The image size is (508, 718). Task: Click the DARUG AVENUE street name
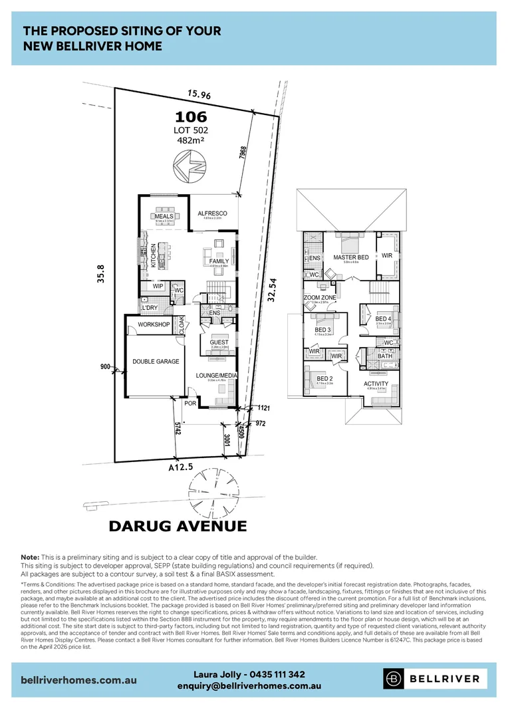pyautogui.click(x=178, y=527)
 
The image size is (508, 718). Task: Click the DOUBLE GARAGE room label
pyautogui.click(x=156, y=362)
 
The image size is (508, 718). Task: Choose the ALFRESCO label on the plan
pyautogui.click(x=213, y=213)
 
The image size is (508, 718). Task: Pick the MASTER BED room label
pyautogui.click(x=351, y=257)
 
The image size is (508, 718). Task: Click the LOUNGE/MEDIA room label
pyautogui.click(x=217, y=376)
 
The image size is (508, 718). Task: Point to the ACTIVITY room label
pyautogui.click(x=376, y=384)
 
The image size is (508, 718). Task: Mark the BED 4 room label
pyautogui.click(x=383, y=320)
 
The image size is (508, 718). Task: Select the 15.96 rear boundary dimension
pyautogui.click(x=199, y=96)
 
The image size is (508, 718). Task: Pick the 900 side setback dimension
pyautogui.click(x=104, y=366)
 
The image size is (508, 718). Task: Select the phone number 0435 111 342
pyautogui.click(x=273, y=674)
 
